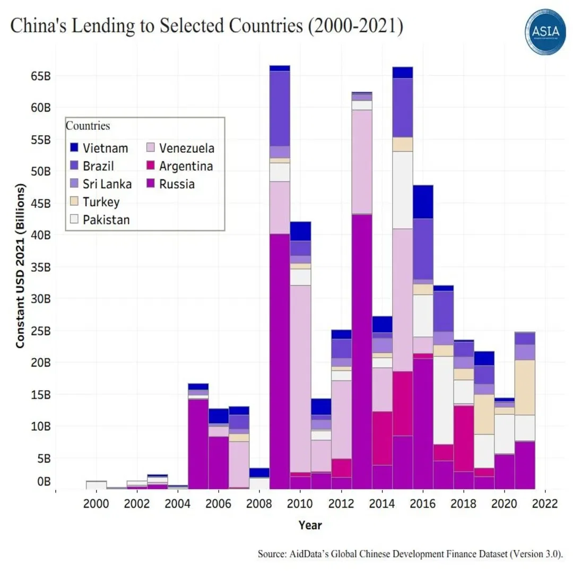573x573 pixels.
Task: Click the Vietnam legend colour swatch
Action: pos(75,148)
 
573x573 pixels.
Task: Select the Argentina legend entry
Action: pos(186,166)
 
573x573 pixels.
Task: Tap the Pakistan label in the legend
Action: pos(106,220)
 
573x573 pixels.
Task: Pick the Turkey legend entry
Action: pos(101,202)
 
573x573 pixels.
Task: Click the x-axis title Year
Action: pos(310,525)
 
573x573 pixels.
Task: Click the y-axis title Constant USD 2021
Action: pos(20,266)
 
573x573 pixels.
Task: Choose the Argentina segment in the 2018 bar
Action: pos(464,438)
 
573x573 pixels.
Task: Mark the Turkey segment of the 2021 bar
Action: pos(525,387)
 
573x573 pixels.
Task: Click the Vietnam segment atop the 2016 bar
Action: pos(423,202)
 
